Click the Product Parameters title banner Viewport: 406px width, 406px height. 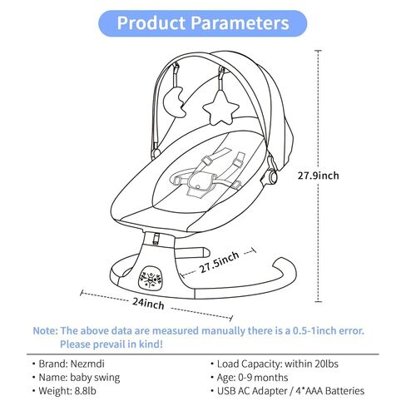pos(203,23)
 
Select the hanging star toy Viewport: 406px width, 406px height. pos(220,107)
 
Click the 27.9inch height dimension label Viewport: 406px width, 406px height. pos(318,176)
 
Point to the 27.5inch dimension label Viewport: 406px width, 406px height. pos(220,262)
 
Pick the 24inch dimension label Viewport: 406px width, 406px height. pos(148,304)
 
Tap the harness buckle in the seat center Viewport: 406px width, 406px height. pos(201,183)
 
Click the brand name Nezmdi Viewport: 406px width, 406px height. pos(87,364)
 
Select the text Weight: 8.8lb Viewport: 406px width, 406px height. pos(67,391)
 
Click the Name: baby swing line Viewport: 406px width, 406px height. pos(79,378)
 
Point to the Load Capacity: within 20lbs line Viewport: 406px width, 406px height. pos(278,364)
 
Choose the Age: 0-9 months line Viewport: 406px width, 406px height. pos(252,378)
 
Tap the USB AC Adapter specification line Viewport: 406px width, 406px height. pos(290,391)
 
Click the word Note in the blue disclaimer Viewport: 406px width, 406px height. pos(45,330)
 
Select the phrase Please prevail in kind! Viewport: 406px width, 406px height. pos(111,344)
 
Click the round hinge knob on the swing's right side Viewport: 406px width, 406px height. pos(272,176)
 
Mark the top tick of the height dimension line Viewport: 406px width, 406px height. pos(319,51)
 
